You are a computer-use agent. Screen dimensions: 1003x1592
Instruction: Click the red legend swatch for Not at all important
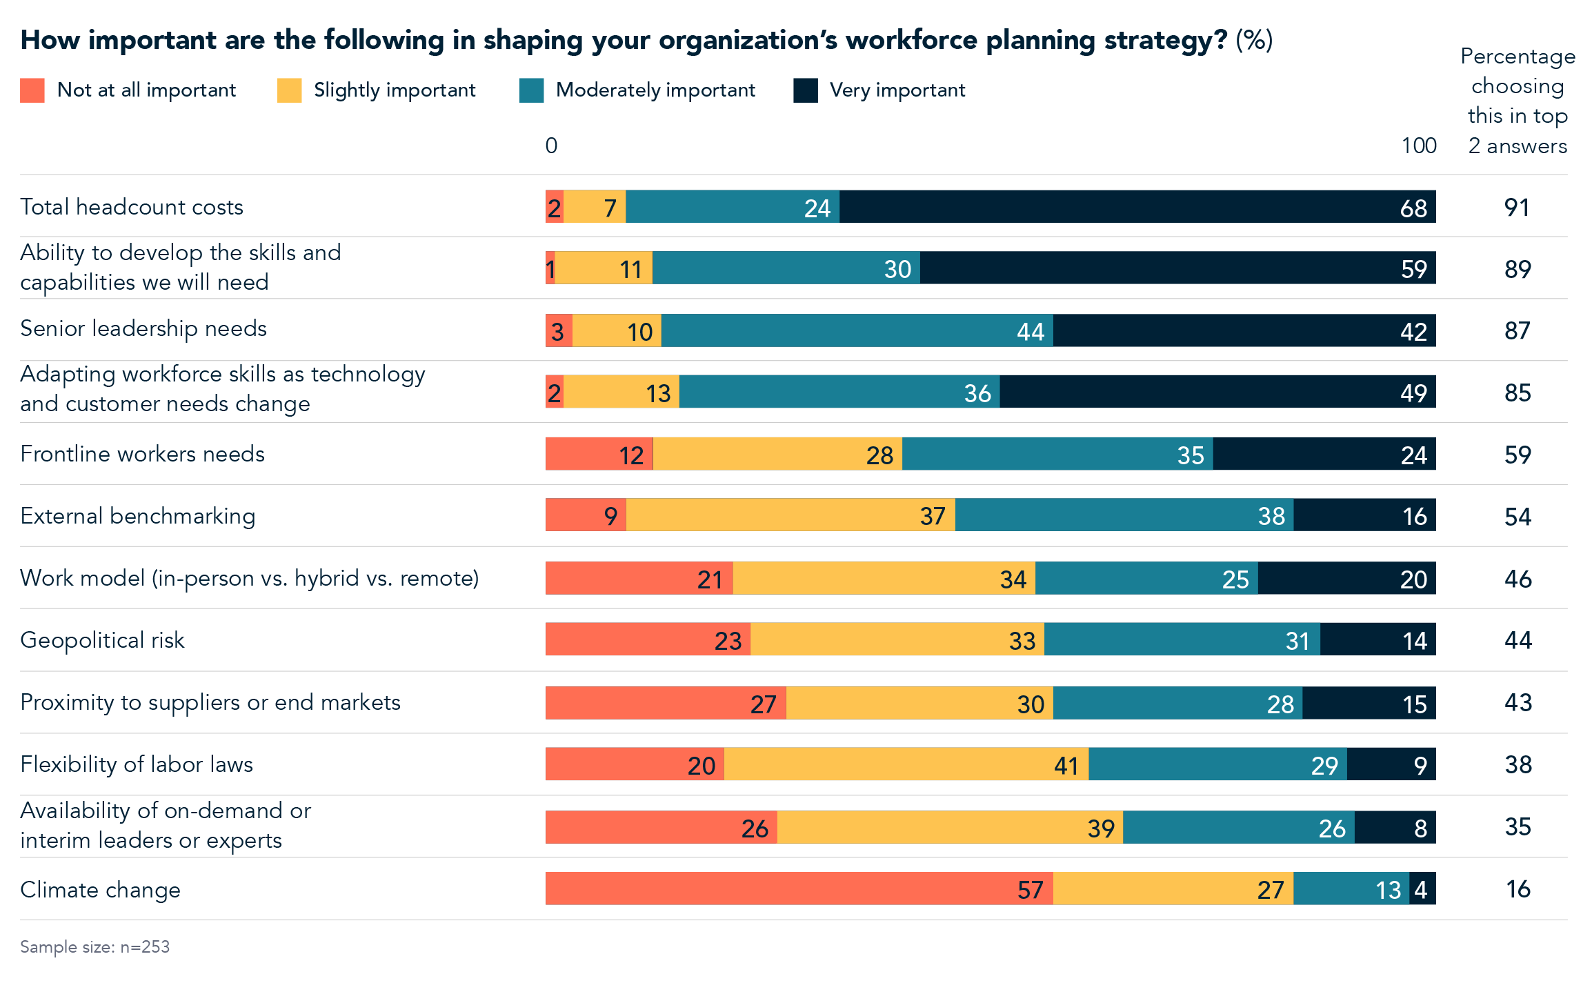[x=32, y=90]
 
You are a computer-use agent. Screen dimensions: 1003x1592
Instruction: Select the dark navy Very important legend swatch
[x=805, y=90]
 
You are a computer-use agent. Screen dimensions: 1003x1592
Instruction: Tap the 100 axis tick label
[x=1418, y=146]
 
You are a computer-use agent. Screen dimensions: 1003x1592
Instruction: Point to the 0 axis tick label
[x=551, y=146]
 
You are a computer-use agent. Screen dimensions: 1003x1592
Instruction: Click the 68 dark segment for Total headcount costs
[x=1137, y=207]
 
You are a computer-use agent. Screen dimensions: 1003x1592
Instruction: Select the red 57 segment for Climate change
[x=799, y=888]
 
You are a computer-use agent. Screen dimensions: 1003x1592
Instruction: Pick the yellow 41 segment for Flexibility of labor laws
[x=906, y=764]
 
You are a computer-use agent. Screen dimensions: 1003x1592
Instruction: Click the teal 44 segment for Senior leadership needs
[x=857, y=330]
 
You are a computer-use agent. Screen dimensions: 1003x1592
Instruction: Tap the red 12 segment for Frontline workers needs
[x=599, y=454]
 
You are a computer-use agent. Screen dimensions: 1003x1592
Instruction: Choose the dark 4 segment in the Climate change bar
[x=1422, y=888]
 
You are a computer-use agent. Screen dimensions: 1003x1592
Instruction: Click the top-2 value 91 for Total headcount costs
[x=1517, y=208]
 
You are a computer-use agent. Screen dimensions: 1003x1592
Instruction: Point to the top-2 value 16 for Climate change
[x=1518, y=889]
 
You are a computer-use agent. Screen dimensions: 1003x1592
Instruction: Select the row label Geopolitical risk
[x=102, y=640]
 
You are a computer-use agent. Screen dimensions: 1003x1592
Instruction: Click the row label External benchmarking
[x=137, y=516]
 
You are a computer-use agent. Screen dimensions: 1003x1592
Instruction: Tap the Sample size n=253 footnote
[x=94, y=947]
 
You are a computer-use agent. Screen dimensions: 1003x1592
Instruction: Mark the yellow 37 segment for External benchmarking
[x=790, y=515]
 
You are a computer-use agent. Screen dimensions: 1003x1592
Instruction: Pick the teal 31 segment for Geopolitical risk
[x=1182, y=639]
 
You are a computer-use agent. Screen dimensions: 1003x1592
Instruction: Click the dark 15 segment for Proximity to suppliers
[x=1369, y=703]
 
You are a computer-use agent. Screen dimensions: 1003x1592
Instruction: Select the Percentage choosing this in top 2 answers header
[x=1517, y=101]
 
